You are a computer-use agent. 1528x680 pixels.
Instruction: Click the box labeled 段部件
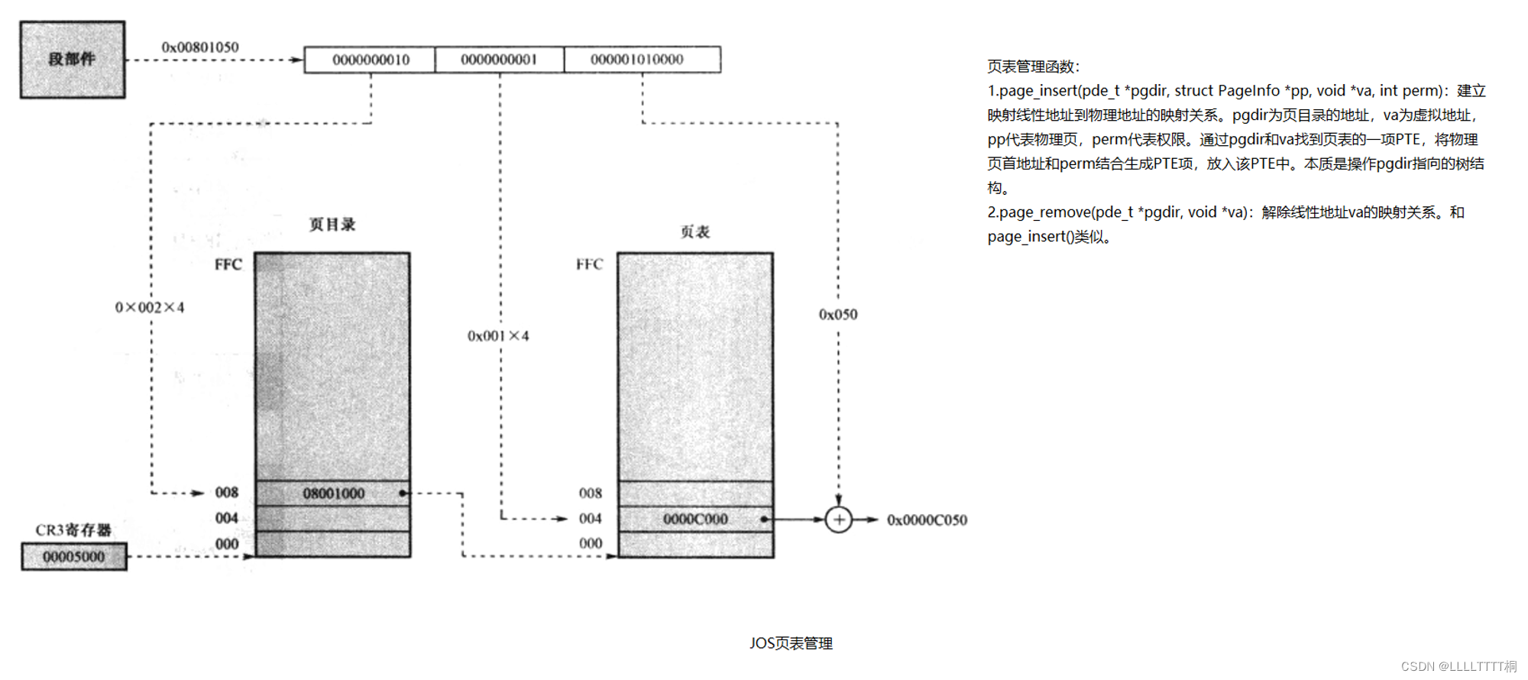tap(73, 60)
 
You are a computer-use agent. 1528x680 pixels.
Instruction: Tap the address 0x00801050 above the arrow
tap(200, 47)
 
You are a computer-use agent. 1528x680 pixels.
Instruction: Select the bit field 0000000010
tap(371, 60)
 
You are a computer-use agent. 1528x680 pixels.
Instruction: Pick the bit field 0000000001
tap(499, 60)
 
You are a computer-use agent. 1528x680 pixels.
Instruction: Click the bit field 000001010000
tap(637, 60)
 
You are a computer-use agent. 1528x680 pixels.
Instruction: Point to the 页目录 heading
tap(332, 225)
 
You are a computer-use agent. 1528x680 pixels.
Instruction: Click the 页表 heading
tap(695, 232)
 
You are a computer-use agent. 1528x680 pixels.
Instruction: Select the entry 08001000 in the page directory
tap(334, 494)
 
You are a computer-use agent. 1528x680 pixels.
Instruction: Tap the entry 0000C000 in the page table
tap(695, 520)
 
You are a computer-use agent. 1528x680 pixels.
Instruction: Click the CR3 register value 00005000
tap(74, 557)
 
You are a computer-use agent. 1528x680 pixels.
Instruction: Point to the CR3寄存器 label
tap(73, 530)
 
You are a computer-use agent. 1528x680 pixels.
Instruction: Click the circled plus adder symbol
tap(839, 520)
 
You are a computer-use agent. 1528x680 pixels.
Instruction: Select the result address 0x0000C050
tap(927, 520)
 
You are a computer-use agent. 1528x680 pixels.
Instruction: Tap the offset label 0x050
tap(838, 315)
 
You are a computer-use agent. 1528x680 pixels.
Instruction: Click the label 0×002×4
tap(150, 308)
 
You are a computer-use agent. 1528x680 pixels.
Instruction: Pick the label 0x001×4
tap(498, 336)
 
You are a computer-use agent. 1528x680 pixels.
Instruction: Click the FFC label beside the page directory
tap(228, 265)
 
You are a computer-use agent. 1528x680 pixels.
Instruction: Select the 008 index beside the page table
tap(591, 494)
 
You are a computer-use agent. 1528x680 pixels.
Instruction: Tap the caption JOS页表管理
tap(791, 643)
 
